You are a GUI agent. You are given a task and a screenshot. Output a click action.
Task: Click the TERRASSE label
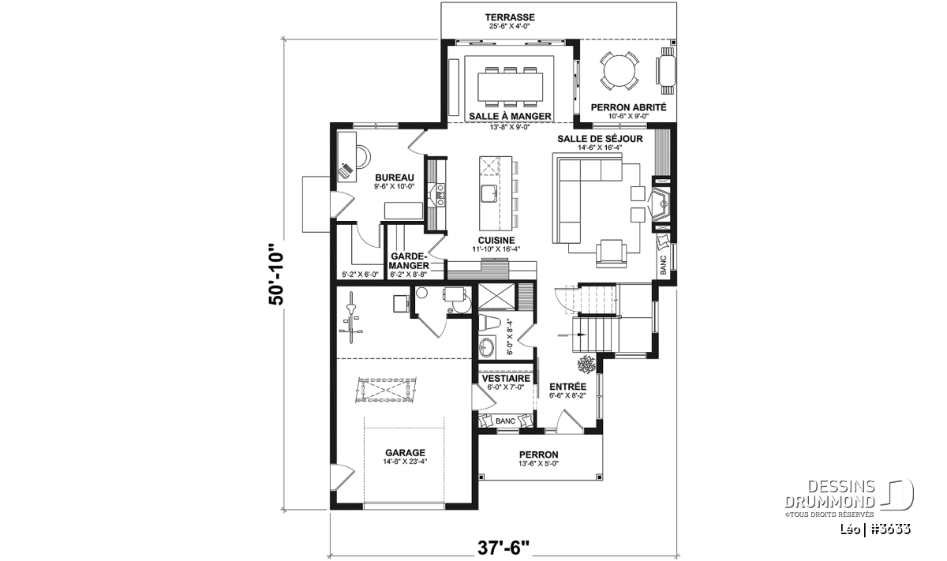pos(510,17)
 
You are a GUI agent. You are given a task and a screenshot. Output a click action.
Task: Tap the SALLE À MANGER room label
pos(510,116)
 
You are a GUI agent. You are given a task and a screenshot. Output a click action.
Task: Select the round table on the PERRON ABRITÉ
pos(619,70)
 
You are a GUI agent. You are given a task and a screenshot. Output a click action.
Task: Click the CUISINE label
pos(496,240)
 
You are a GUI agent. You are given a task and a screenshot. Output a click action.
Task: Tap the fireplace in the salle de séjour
pos(660,204)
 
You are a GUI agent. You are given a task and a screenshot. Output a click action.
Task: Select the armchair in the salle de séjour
pos(612,253)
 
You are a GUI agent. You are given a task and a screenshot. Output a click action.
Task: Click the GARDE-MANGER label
pos(409,261)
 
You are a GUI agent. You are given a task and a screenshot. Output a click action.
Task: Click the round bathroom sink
pos(487,347)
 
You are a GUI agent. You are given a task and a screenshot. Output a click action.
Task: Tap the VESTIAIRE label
pos(506,378)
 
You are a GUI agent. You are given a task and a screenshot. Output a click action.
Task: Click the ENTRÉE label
pos(567,387)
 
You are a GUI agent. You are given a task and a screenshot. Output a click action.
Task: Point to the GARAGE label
pos(405,453)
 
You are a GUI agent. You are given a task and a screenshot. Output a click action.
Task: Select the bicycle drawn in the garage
pos(350,318)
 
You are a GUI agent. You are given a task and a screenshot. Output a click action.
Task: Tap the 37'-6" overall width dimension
pos(503,548)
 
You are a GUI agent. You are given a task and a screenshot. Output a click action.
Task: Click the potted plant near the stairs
pos(586,365)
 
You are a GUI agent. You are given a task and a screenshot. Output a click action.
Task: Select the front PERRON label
pos(538,454)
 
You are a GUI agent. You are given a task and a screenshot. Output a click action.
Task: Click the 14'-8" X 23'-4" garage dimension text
pos(405,462)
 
